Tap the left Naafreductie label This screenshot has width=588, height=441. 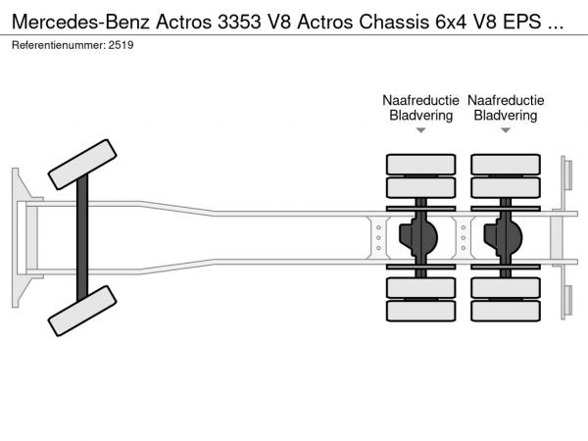coord(420,100)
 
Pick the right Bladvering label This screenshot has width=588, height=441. coord(505,116)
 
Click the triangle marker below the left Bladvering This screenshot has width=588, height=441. coord(420,131)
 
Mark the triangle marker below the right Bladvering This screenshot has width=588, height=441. coord(505,131)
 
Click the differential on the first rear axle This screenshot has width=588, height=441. coord(422,236)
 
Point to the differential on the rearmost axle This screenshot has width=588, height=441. coord(507,236)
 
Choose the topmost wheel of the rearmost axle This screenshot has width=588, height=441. coord(506,163)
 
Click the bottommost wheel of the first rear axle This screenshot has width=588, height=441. coord(420,312)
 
